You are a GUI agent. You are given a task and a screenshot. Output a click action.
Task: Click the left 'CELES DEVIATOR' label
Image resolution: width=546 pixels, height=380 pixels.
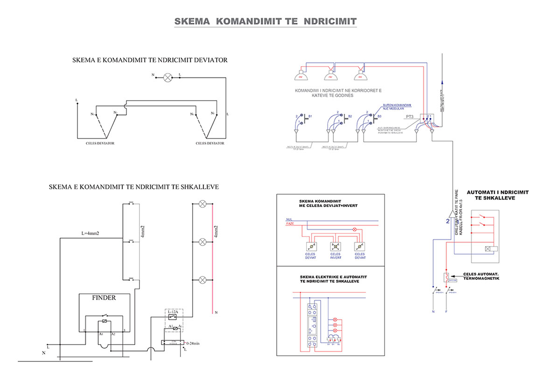click(x=100, y=143)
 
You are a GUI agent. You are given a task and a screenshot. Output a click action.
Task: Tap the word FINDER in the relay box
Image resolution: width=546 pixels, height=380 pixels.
click(x=104, y=297)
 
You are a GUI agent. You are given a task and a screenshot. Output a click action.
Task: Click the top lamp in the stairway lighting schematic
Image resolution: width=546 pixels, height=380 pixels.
click(x=203, y=204)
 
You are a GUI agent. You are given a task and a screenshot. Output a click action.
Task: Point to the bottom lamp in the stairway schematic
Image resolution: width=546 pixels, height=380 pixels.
click(x=203, y=280)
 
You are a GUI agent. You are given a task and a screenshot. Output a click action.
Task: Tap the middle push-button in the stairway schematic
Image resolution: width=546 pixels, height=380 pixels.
click(x=131, y=242)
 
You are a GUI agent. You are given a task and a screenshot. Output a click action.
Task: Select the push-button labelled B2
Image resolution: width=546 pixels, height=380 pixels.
click(x=344, y=118)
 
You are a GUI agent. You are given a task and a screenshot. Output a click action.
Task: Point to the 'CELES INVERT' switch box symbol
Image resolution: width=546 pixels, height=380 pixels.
click(x=335, y=247)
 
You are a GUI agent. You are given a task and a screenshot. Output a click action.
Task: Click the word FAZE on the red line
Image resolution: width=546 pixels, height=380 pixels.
click(x=290, y=224)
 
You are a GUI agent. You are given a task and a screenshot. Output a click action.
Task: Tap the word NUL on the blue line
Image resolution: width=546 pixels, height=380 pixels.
click(x=289, y=219)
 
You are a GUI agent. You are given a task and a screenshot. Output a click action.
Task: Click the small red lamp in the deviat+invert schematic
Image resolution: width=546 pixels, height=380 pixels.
click(x=354, y=229)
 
